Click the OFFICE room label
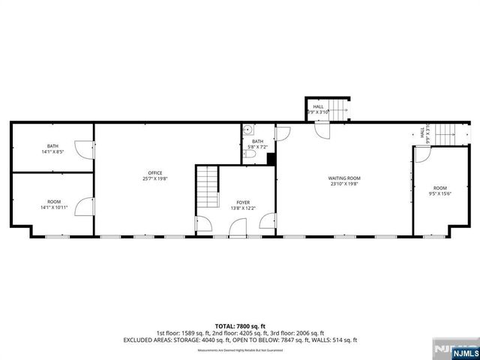point(154,172)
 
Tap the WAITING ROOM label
point(343,178)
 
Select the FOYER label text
point(244,202)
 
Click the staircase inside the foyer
point(207,187)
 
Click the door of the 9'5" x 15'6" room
point(422,155)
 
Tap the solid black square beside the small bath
point(271,158)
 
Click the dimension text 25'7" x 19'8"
point(154,178)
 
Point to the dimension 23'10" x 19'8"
point(343,184)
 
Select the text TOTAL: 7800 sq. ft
point(240,326)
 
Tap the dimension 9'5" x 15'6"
point(439,194)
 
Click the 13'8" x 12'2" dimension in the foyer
point(244,208)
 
